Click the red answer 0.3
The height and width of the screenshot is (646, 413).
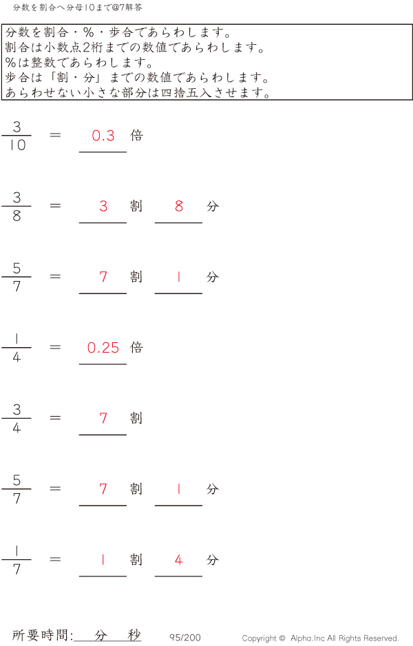[103, 136]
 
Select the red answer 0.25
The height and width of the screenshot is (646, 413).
[103, 348]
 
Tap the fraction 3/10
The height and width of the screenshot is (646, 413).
[17, 136]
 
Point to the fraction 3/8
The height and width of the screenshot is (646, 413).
[17, 207]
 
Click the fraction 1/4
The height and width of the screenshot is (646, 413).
[17, 348]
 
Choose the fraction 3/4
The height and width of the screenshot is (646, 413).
[17, 419]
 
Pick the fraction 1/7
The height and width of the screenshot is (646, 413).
[17, 560]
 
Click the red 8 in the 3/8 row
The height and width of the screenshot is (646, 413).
[179, 207]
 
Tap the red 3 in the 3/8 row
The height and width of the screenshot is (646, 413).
[103, 207]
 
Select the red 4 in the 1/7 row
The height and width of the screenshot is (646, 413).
[179, 560]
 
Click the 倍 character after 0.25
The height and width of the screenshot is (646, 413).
[136, 347]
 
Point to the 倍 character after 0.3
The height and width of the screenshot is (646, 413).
[136, 135]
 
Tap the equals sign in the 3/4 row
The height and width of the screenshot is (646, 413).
[56, 418]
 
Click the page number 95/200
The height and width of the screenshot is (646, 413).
[185, 638]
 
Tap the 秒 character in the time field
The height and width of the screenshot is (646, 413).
[134, 635]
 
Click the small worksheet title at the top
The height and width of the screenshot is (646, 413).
[78, 8]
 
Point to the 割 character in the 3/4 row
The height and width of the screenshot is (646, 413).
[136, 418]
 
